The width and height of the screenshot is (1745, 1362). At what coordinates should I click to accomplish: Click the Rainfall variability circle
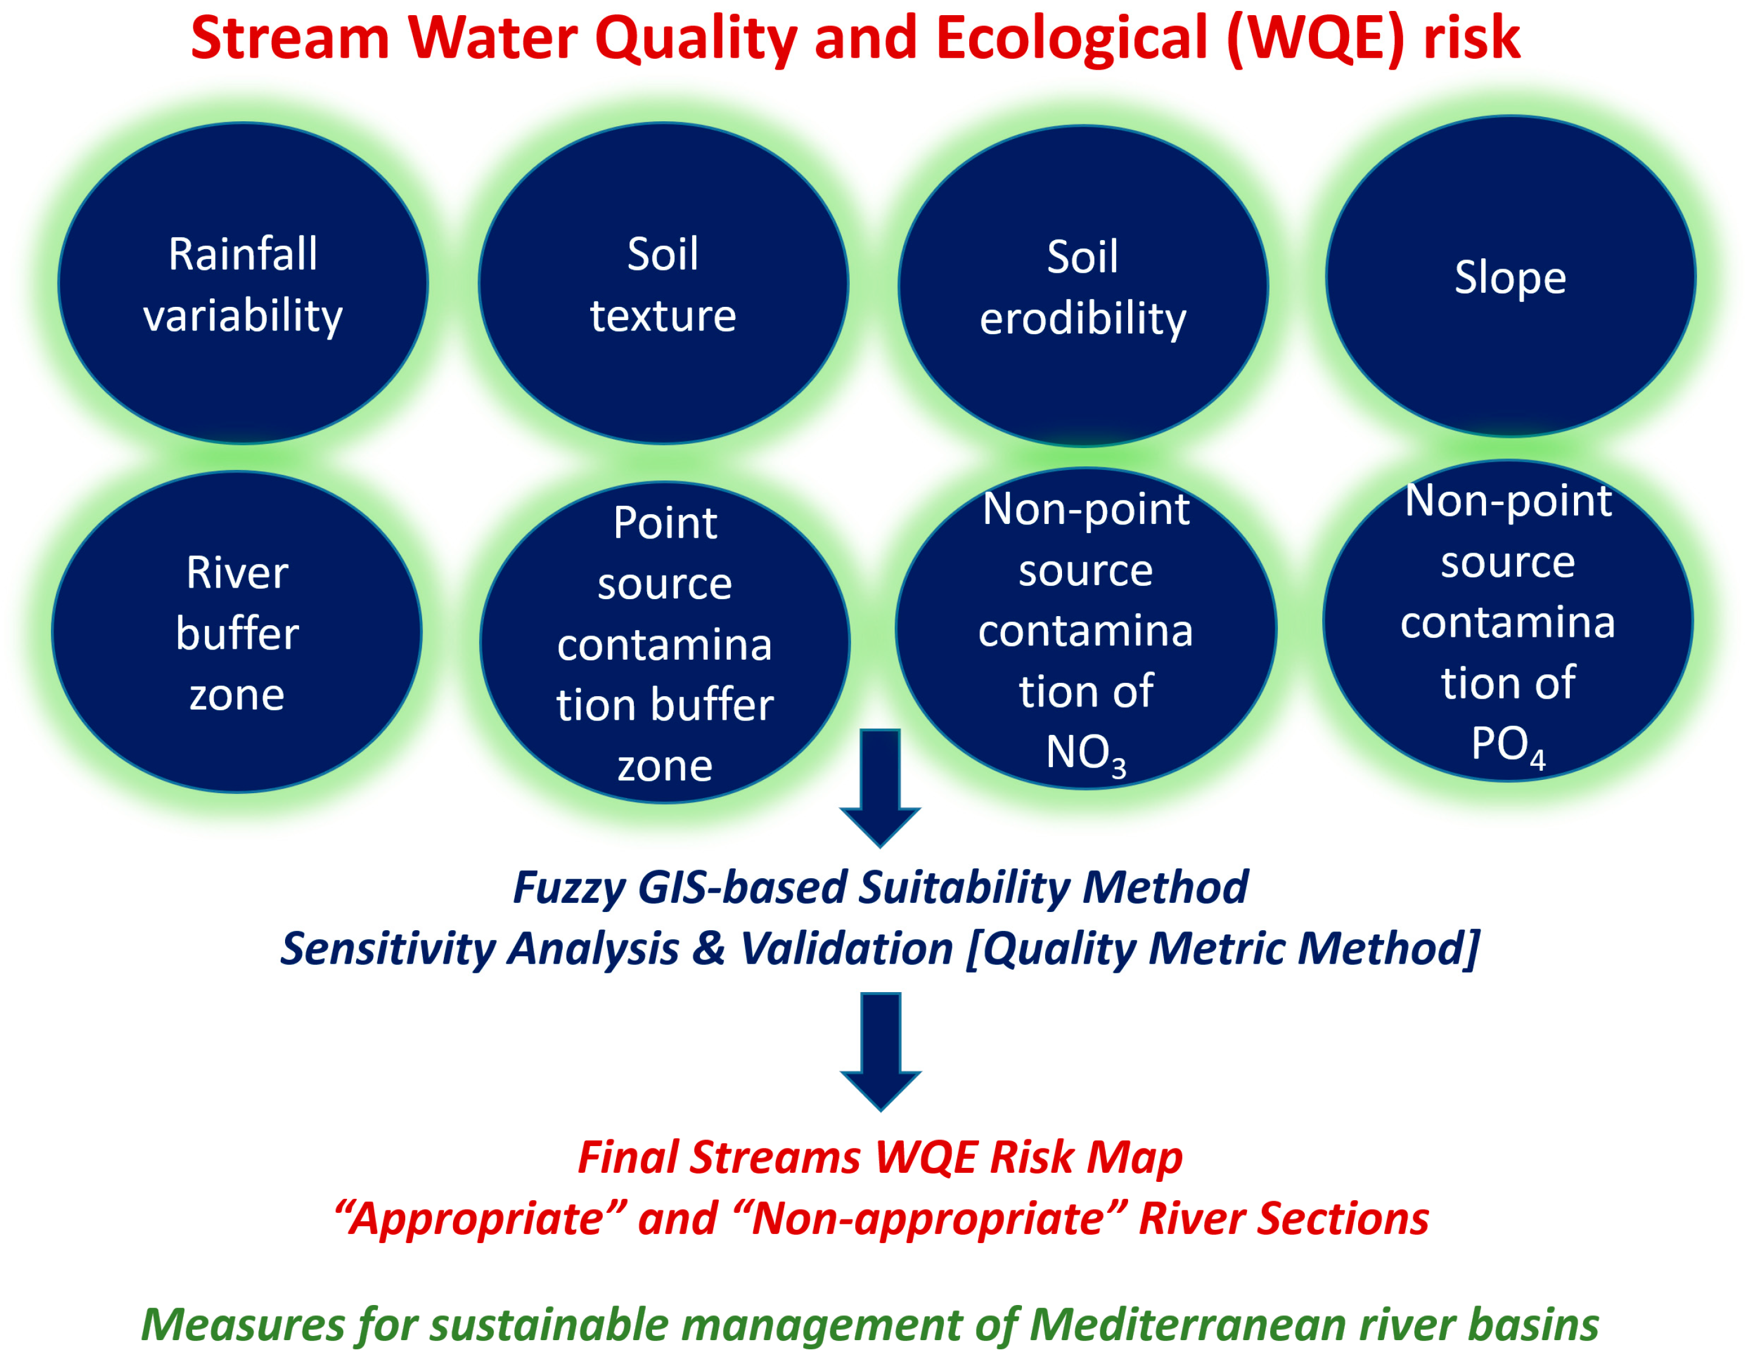click(x=243, y=283)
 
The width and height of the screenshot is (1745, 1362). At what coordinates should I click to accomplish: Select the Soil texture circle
click(x=663, y=283)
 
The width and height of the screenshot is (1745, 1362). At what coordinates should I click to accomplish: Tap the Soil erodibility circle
click(x=1083, y=286)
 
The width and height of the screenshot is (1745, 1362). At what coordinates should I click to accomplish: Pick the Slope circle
click(x=1510, y=277)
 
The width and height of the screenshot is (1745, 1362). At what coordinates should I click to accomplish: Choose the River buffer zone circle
click(x=237, y=632)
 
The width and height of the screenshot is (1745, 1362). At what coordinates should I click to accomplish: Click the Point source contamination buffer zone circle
click(x=665, y=642)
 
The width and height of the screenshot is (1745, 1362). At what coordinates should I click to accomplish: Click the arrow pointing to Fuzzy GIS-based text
click(x=881, y=788)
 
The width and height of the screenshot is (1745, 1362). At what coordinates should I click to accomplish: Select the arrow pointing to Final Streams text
click(x=881, y=1052)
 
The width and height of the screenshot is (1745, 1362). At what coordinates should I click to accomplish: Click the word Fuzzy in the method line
click(x=568, y=888)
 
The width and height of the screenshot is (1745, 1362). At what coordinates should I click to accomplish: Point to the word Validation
click(x=846, y=948)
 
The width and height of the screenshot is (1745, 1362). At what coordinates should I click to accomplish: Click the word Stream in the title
click(x=290, y=38)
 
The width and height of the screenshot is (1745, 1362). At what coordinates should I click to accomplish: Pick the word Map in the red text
click(x=1135, y=1158)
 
